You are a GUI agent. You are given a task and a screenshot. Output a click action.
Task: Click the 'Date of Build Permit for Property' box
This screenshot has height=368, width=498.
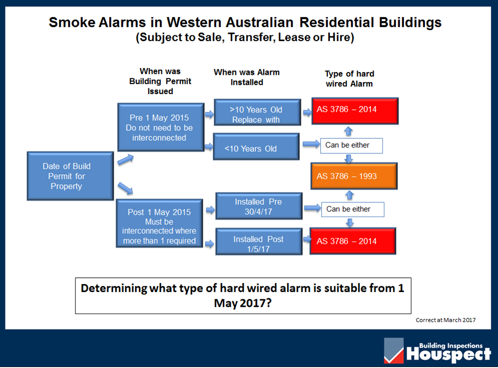70,176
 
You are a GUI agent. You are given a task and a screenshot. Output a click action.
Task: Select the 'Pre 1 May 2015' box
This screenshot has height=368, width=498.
161,127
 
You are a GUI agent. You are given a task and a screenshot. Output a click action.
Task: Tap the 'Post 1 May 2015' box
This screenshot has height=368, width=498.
160,223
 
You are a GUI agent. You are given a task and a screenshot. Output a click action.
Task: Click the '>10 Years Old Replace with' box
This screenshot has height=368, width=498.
258,112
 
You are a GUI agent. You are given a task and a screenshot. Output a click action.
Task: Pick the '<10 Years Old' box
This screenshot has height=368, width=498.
256,147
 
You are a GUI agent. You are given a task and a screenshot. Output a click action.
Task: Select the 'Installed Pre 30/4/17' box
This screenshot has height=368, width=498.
259,206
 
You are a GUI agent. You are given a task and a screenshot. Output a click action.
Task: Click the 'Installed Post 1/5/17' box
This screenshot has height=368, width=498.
259,242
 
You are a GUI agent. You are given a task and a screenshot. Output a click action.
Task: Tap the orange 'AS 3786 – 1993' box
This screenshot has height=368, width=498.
354,176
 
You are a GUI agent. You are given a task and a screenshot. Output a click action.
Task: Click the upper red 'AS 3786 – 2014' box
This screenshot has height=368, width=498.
355,111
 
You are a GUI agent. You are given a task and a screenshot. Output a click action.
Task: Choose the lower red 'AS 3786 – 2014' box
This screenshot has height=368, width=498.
353,241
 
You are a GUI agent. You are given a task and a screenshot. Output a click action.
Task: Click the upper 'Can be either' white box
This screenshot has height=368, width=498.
352,146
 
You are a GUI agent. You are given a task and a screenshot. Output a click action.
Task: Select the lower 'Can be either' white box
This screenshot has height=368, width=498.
353,210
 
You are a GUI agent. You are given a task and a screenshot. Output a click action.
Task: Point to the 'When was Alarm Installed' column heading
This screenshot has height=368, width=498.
247,77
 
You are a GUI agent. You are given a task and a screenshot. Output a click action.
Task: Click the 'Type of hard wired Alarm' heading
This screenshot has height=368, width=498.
349,79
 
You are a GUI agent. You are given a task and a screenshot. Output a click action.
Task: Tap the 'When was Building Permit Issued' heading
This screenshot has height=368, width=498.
160,81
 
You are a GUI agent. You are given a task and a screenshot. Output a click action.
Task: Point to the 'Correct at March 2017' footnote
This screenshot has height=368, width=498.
445,320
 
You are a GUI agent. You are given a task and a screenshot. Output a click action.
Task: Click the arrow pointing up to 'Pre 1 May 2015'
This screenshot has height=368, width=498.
125,159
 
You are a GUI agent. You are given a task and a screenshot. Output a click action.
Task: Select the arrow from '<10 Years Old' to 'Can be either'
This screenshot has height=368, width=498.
311,144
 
